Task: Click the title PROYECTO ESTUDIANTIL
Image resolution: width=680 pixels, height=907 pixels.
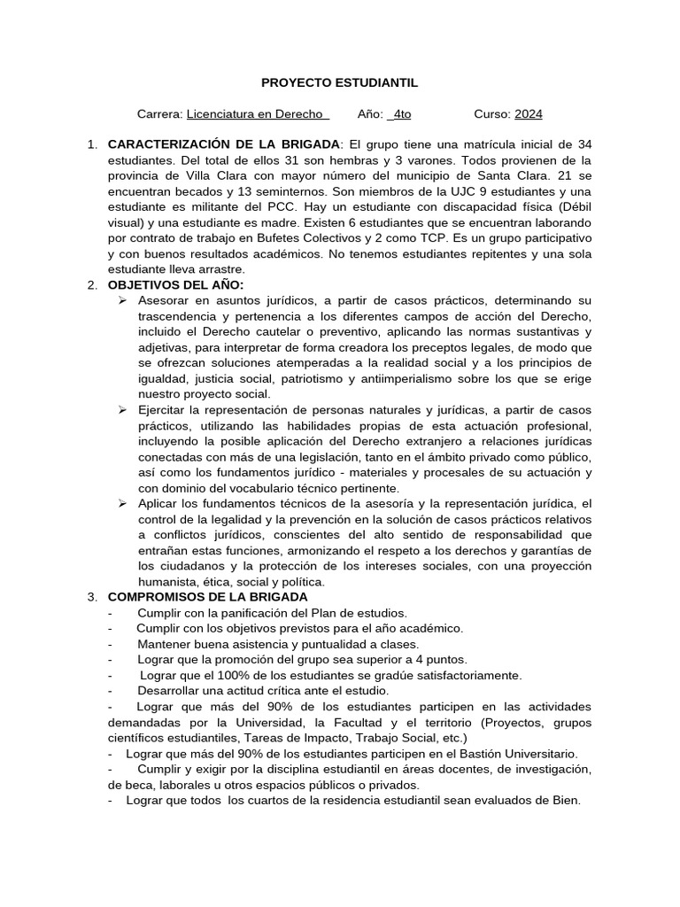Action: click(x=339, y=82)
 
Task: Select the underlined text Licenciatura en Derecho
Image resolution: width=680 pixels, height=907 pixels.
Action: click(x=258, y=114)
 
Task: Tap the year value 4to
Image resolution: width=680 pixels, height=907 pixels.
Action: click(x=400, y=114)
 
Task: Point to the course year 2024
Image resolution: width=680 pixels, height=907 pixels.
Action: click(x=529, y=114)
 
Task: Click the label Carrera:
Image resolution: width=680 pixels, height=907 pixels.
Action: click(x=160, y=114)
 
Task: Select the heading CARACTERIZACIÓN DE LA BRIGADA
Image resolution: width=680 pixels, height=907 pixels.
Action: click(x=223, y=143)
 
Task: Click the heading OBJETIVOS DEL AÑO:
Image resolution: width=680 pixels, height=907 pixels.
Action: click(x=175, y=283)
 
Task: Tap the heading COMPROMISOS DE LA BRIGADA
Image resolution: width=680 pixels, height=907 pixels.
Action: click(x=207, y=597)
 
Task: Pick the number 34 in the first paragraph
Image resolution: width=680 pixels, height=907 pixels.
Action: click(x=583, y=143)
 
